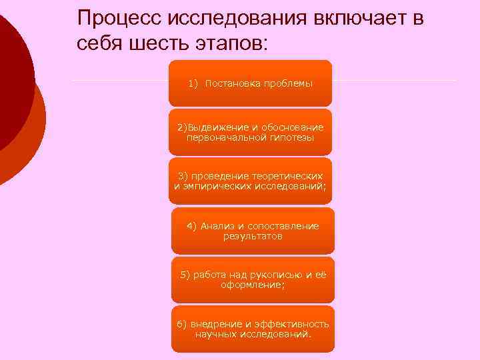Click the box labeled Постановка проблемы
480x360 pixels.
coord(250,83)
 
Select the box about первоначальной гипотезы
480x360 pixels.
coord(250,132)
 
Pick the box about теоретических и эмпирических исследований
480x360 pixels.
coord(250,181)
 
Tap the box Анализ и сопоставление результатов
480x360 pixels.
coord(253,231)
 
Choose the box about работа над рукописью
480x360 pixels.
coord(253,280)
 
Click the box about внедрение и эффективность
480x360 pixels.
coord(253,329)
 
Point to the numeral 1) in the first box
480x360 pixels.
coord(194,83)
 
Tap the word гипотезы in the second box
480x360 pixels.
coord(291,137)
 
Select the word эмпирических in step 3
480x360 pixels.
coord(214,186)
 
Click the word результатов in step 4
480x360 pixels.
coord(253,236)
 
